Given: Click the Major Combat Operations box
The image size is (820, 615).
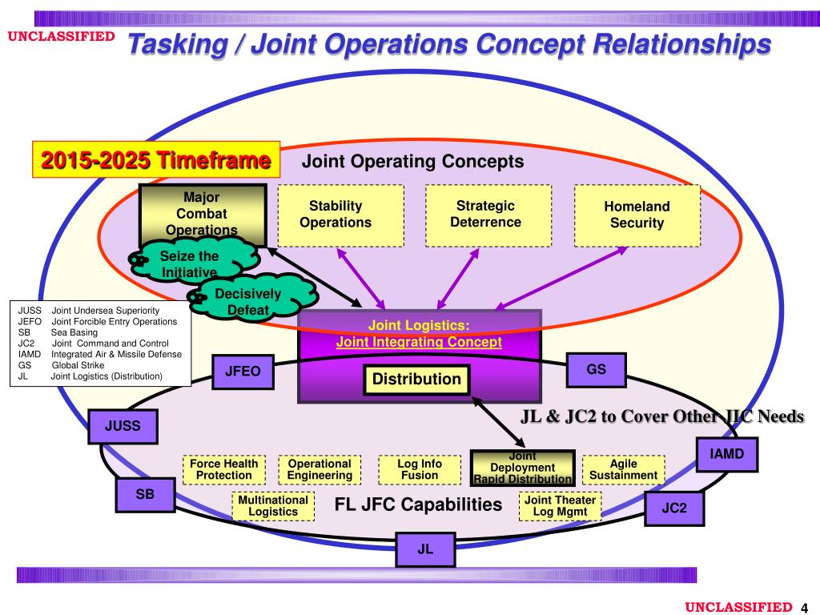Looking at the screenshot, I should point(203,214).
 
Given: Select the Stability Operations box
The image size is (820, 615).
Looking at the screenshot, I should point(340,215).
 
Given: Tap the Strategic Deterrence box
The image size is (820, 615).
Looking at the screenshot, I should point(488,215).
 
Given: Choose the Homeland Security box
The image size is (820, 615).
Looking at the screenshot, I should point(637,215).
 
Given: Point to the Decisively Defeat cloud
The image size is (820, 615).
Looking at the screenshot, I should point(246,300).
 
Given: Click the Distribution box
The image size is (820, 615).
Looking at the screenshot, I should point(416,379).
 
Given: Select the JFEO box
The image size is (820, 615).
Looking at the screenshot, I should point(243,372).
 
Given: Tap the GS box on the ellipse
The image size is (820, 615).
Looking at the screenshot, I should point(596,370).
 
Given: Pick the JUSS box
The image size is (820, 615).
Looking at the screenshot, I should point(123,426).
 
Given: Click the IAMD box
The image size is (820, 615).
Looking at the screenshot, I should point(726,454).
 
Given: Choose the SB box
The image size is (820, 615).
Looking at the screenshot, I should point(145,495).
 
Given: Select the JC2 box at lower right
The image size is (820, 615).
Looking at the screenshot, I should point(674,508).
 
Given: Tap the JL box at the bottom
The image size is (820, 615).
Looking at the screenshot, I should point(425,549).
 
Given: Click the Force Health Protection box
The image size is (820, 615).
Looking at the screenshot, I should point(224,469).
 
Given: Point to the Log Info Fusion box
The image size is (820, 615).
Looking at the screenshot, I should point(420,469).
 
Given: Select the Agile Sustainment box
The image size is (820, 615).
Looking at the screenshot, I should point(623,469).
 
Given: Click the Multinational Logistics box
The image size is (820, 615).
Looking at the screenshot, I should point(273,505).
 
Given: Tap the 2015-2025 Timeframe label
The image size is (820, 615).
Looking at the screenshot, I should point(156,160).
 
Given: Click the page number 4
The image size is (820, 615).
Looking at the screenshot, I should point(804,607).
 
